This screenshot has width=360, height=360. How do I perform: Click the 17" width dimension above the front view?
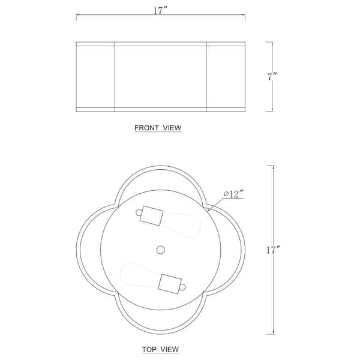coord(160,11)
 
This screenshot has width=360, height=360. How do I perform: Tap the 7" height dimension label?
coord(272,76)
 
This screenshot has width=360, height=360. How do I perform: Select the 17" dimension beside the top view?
coord(273,250)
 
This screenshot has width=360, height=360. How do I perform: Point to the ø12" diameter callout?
coord(233,194)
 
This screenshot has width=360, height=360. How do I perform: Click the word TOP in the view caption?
coord(150,349)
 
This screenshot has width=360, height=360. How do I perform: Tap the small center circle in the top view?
coord(160,250)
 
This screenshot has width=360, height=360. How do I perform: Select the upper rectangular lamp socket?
coord(152,215)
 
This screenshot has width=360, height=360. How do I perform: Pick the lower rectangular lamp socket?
coord(170,284)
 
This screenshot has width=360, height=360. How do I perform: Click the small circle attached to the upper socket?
coord(139,212)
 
